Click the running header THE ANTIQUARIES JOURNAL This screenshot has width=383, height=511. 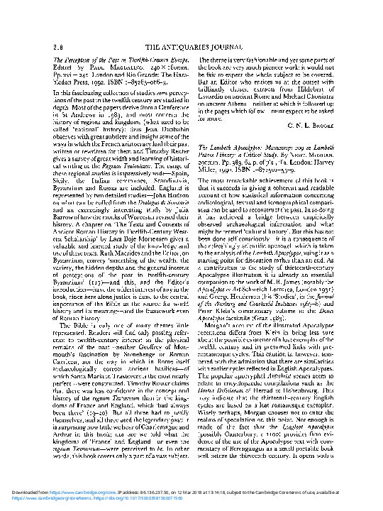coord(191,47)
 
